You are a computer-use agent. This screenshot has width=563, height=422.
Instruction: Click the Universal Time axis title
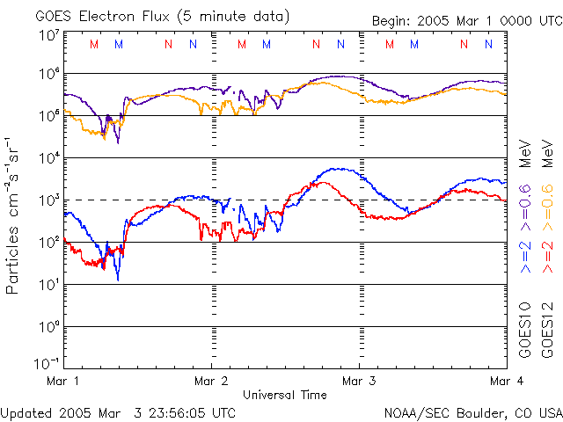pyautogui.click(x=285, y=395)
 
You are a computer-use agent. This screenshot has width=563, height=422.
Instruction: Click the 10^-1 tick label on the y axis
pyautogui.click(x=48, y=362)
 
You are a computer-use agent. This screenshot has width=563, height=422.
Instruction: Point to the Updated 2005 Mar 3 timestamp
pyautogui.click(x=119, y=411)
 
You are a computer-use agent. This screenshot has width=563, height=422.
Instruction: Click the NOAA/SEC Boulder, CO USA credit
pyautogui.click(x=472, y=411)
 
